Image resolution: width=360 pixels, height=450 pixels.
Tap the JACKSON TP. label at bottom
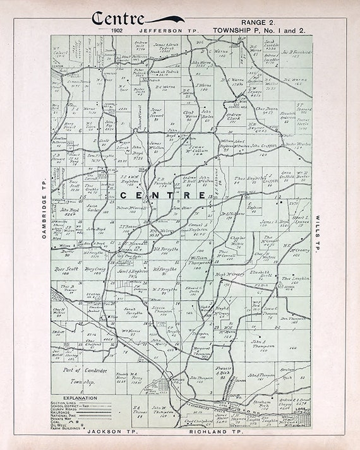[x=112, y=432]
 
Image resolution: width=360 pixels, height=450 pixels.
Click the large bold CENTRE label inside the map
[x=162, y=195]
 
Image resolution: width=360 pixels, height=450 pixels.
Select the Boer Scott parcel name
[x=67, y=268]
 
